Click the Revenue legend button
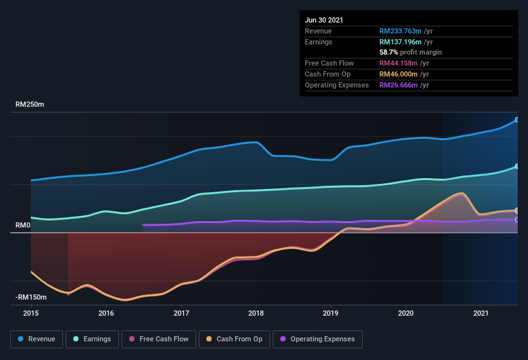[37, 339]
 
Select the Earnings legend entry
[91, 339]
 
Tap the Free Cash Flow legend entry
[159, 339]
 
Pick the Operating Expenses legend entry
[317, 339]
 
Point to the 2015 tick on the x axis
[31, 313]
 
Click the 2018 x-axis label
[256, 313]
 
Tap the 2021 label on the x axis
[480, 313]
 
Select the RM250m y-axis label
[31, 104]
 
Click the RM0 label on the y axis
[23, 225]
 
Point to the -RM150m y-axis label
[31, 297]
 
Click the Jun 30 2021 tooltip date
[324, 20]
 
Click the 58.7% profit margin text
[410, 52]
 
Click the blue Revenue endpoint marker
[516, 120]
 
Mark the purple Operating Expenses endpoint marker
[516, 219]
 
